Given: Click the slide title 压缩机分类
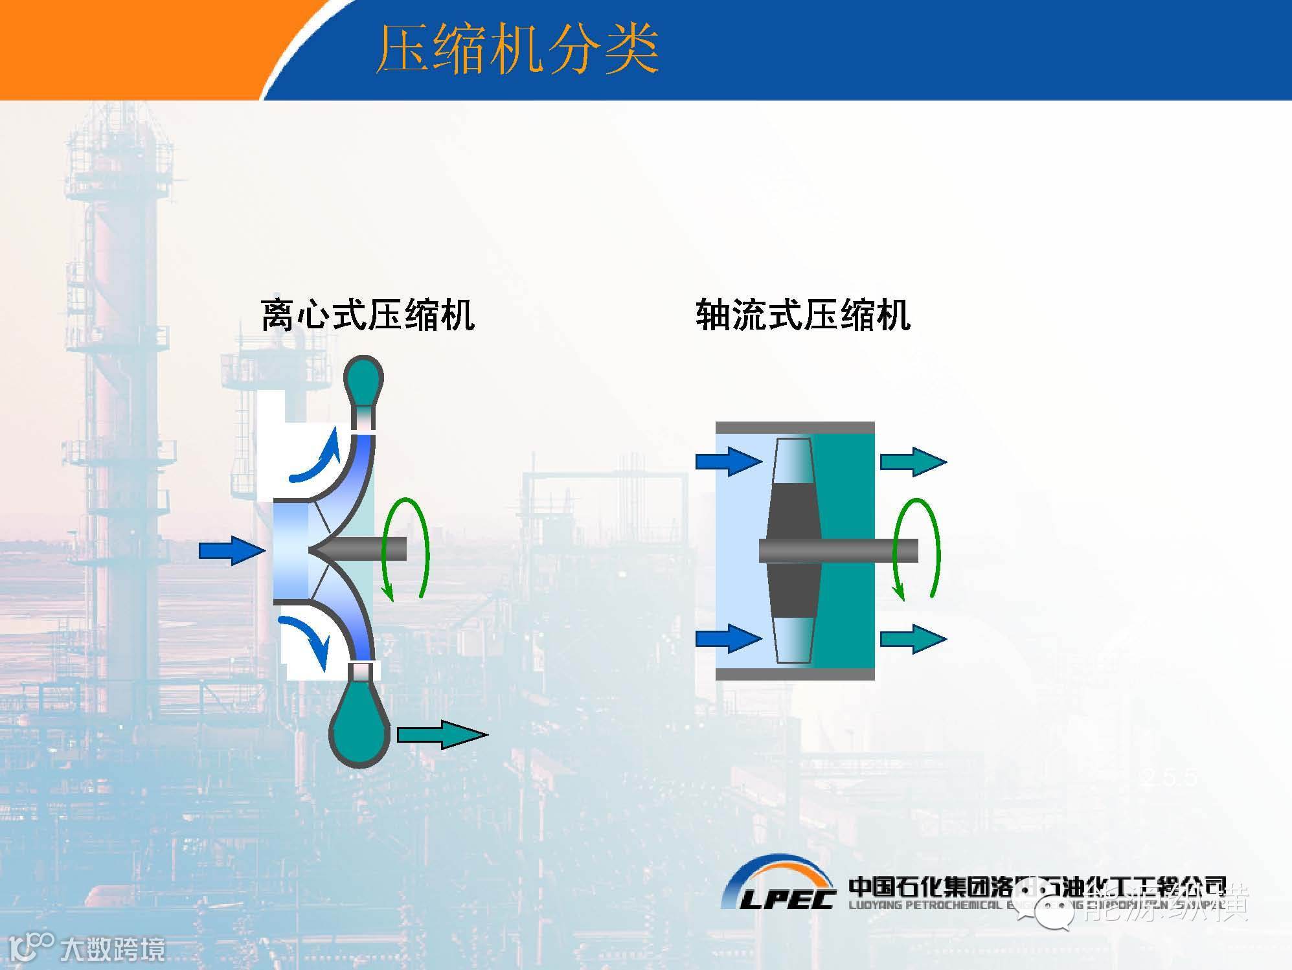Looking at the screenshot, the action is (x=517, y=51).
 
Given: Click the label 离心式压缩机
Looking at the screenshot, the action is (x=367, y=315).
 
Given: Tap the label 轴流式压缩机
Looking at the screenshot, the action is (x=803, y=315).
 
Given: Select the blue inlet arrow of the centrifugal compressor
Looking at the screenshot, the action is (x=231, y=550).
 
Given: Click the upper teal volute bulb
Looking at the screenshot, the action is (x=363, y=380).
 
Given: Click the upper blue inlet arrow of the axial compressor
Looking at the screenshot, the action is (x=728, y=461).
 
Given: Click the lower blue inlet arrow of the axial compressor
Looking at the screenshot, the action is (x=728, y=638).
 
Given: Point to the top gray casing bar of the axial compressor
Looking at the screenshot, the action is (x=795, y=428).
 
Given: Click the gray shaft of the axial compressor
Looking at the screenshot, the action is (x=855, y=550).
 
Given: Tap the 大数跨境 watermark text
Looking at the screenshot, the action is (x=113, y=949).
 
